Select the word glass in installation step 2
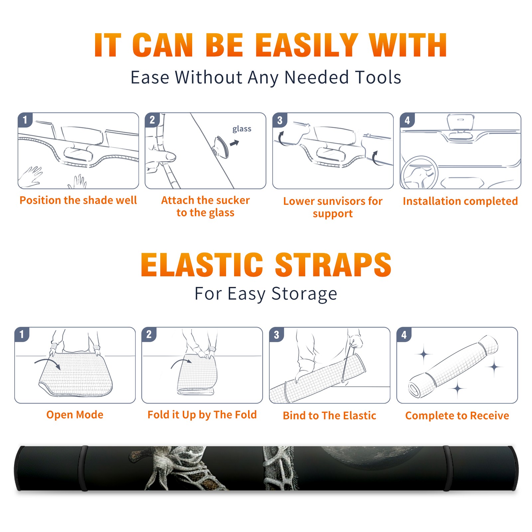[x=242, y=129]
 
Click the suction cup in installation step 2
[x=221, y=147]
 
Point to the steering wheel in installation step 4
[x=419, y=173]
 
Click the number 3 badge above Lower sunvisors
[x=280, y=120]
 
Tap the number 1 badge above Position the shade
[x=25, y=120]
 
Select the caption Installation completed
[x=460, y=201]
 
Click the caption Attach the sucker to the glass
[x=205, y=206]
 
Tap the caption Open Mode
[x=75, y=415]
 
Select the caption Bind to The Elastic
[x=330, y=416]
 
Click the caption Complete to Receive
[x=457, y=416]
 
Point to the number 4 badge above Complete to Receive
[x=404, y=334]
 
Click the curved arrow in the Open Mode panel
[x=48, y=361]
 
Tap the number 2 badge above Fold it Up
[x=149, y=334]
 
